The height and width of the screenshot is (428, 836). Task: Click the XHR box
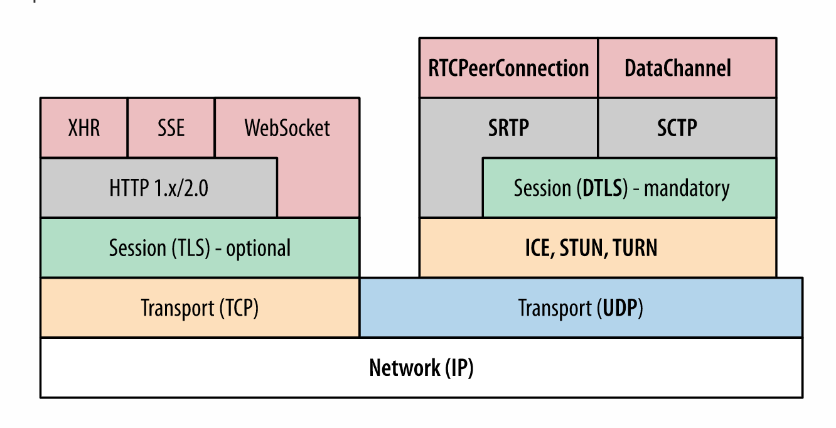(83, 127)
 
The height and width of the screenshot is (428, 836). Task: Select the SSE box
(171, 127)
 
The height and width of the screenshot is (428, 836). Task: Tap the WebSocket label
(287, 128)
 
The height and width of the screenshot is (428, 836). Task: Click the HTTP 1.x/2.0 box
(158, 188)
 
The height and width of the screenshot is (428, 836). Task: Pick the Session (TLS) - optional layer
(200, 248)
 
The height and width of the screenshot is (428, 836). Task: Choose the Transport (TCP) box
(200, 308)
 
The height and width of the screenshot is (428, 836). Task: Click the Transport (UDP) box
(581, 308)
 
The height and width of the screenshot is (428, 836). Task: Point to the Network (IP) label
(421, 368)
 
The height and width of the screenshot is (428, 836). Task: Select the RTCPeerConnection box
(508, 68)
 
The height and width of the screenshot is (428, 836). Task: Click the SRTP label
(508, 128)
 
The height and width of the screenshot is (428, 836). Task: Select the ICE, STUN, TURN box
(591, 248)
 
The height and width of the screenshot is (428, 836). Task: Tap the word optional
(258, 248)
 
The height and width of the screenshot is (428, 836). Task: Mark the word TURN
(635, 248)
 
